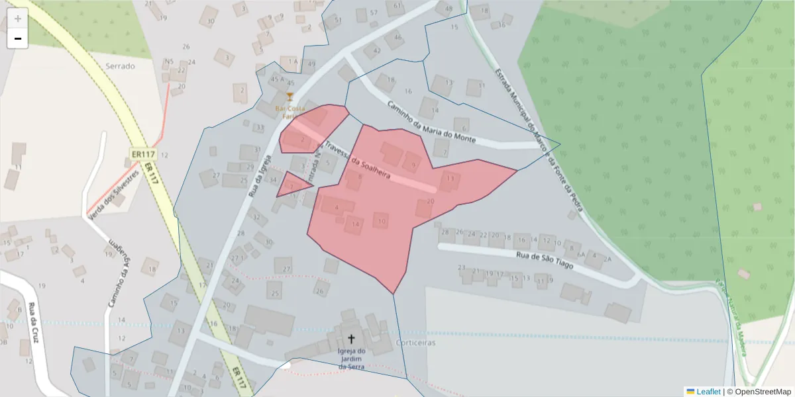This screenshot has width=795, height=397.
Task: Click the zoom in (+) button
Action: pyautogui.click(x=18, y=19)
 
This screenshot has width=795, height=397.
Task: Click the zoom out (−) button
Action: pyautogui.click(x=18, y=38)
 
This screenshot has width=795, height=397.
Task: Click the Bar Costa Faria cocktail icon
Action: pyautogui.click(x=289, y=97)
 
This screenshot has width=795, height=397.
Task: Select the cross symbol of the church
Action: pyautogui.click(x=351, y=339)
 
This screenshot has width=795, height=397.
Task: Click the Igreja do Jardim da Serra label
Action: pyautogui.click(x=352, y=359)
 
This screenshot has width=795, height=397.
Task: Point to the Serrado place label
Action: pyautogui.click(x=120, y=66)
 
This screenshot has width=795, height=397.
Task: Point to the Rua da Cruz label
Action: pyautogui.click(x=32, y=323)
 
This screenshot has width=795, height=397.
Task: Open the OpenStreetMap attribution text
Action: pyautogui.click(x=763, y=392)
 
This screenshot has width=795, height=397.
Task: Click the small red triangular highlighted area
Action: pyautogui.click(x=291, y=185)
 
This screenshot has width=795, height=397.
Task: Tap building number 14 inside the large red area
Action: pyautogui.click(x=356, y=225)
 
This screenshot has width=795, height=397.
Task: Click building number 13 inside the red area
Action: pyautogui.click(x=450, y=178)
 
